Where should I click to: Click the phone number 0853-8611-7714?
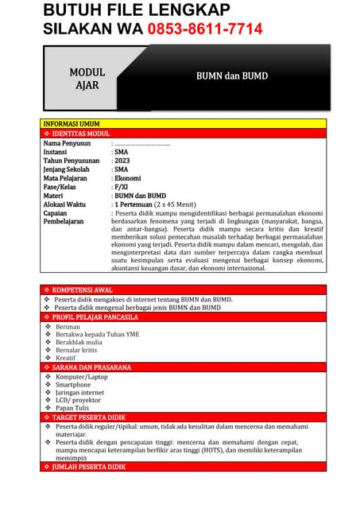[204, 29]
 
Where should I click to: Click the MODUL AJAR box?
[87, 79]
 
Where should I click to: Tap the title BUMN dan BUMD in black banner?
[232, 76]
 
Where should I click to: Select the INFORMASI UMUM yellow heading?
[72, 124]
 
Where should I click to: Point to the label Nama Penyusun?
[67, 143]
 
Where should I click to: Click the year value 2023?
[122, 161]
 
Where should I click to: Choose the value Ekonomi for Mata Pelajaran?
[127, 178]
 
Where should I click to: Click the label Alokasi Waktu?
[64, 204]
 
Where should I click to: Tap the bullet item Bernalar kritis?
[76, 350]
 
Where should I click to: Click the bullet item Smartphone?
[73, 384]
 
